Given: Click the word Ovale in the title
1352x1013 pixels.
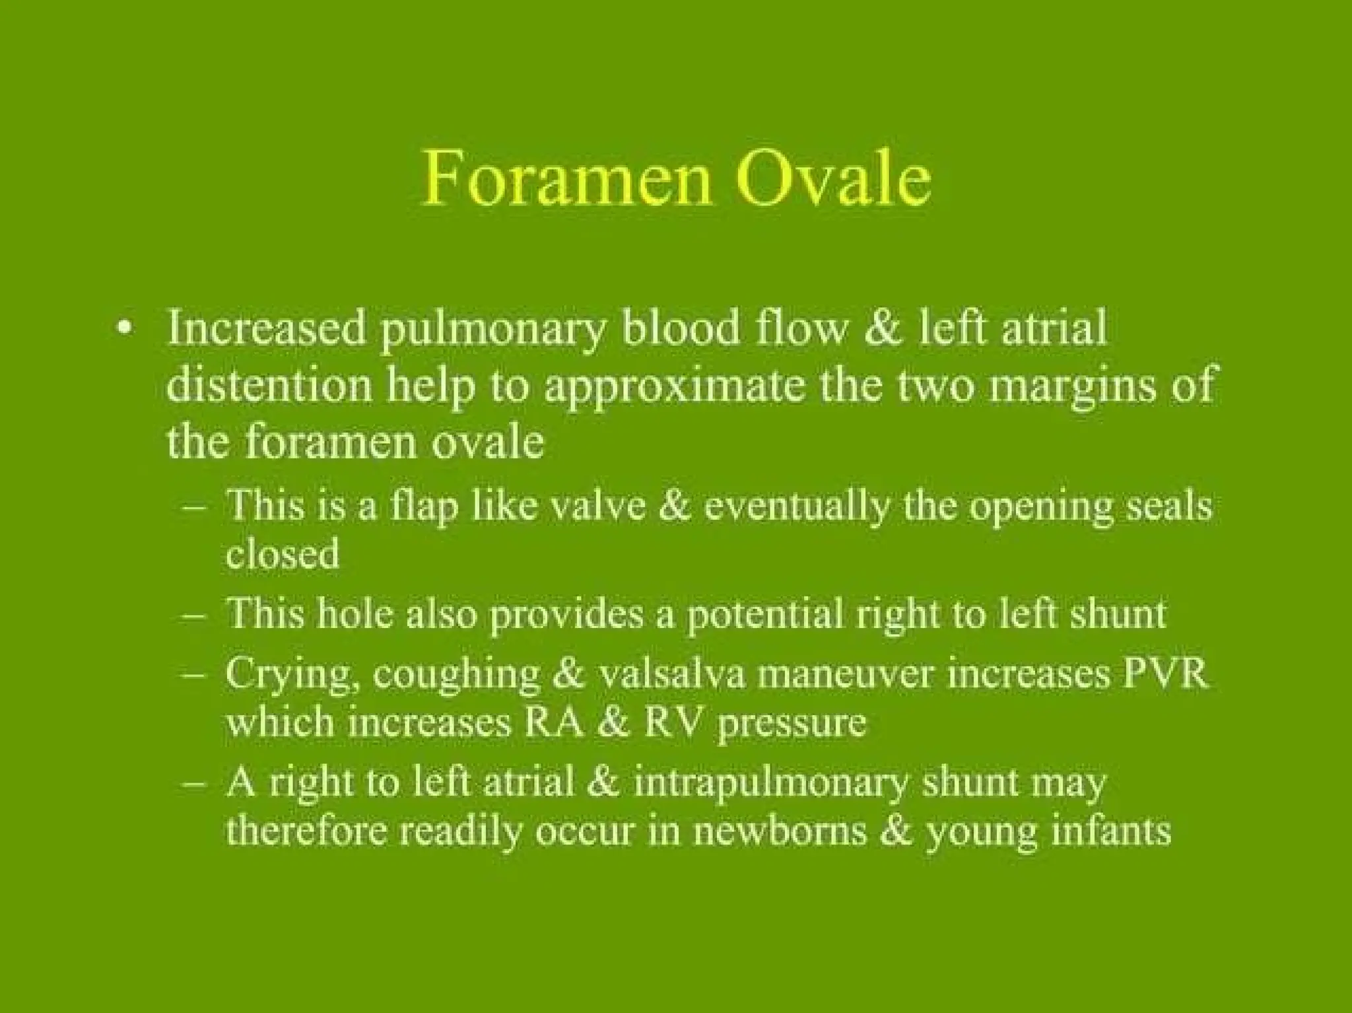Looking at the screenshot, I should click(x=834, y=176).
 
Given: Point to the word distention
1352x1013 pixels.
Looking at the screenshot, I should click(x=269, y=384).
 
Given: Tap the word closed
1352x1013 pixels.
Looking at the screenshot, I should click(x=283, y=553).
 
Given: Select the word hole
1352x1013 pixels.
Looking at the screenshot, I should click(x=355, y=613).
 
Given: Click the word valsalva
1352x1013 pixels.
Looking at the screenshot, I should click(x=671, y=674).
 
